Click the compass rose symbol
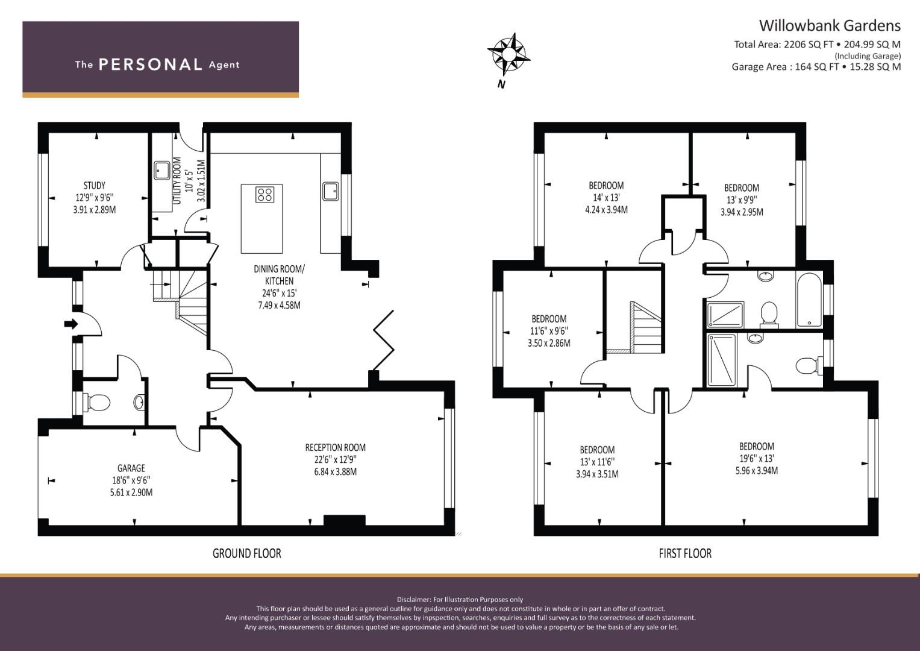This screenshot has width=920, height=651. click(508, 53)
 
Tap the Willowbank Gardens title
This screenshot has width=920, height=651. click(829, 25)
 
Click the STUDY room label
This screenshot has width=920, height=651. click(94, 185)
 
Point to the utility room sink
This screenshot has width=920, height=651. click(161, 170)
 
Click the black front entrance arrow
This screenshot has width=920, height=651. click(71, 324)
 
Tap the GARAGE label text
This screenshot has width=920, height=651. click(131, 468)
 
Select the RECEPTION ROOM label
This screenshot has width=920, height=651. click(335, 447)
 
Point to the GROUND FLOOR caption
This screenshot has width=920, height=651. click(246, 553)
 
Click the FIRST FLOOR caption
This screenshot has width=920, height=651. click(684, 553)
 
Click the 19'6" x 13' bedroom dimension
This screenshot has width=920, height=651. click(756, 459)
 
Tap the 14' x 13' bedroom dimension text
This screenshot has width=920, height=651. click(606, 198)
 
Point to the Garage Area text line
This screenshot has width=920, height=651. click(816, 67)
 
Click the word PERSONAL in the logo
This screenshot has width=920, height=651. click(150, 64)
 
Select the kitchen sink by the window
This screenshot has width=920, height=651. click(330, 190)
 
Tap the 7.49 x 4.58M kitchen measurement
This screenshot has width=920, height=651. click(279, 305)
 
